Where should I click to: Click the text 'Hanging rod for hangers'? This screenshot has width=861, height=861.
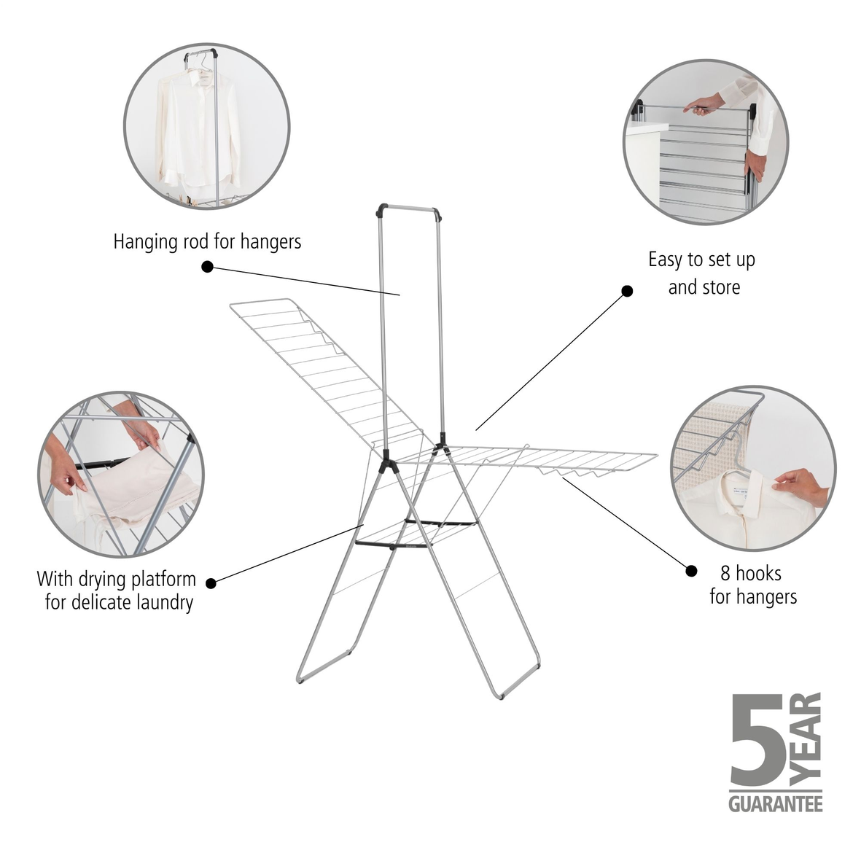(x=207, y=242)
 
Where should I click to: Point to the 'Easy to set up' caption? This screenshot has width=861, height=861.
(x=701, y=260)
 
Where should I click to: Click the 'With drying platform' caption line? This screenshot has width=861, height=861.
(x=117, y=580)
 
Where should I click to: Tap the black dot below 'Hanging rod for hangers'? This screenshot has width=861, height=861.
(x=207, y=267)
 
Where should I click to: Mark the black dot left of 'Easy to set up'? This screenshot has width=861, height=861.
(x=626, y=291)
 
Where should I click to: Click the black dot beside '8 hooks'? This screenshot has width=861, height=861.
(x=691, y=570)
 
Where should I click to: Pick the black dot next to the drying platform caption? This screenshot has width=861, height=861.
(x=211, y=583)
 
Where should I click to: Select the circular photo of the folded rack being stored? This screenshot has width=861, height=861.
(x=705, y=142)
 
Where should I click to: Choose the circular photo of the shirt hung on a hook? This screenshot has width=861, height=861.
(x=752, y=468)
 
